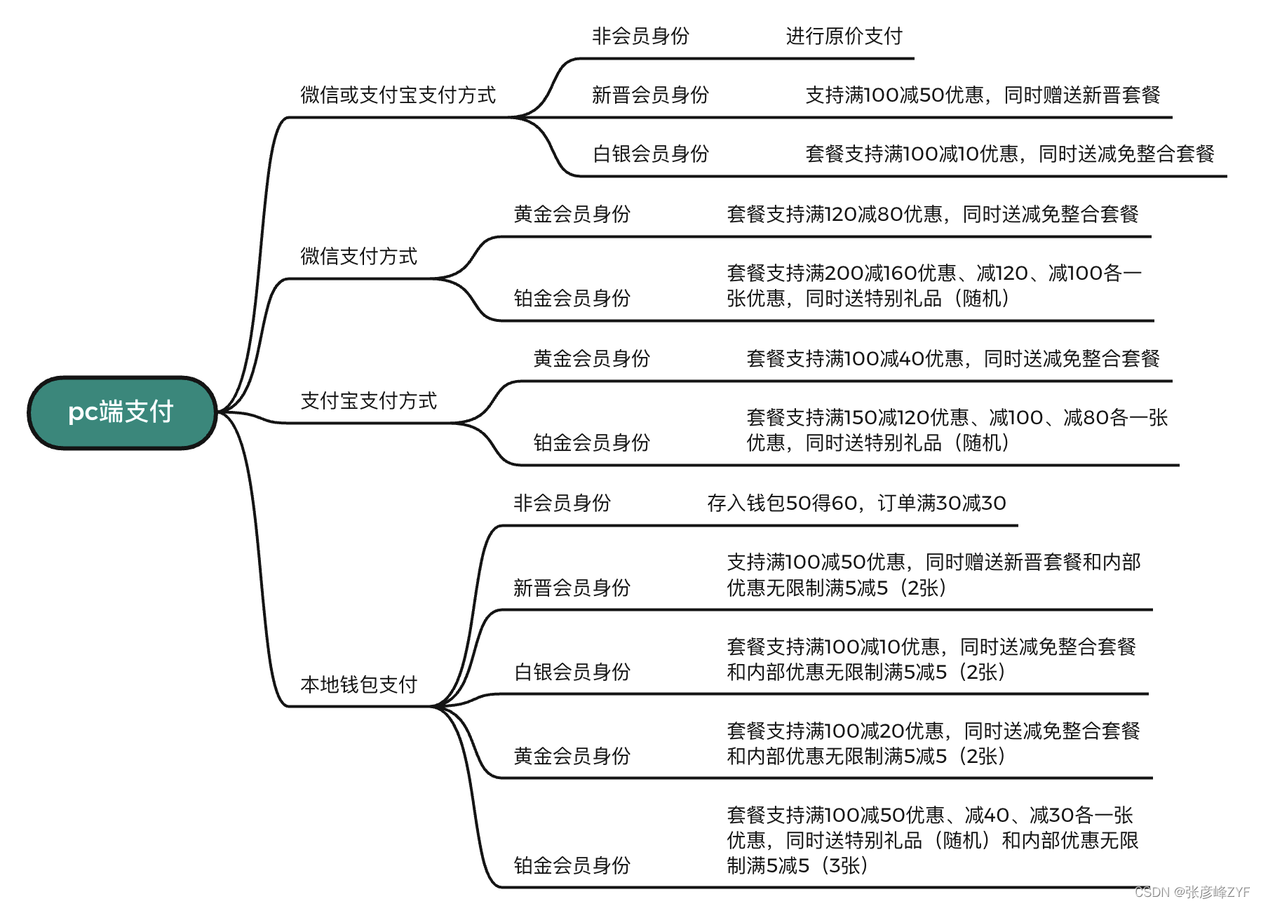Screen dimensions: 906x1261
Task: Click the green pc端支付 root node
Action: pos(121,412)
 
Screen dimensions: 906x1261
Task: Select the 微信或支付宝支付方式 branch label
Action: pos(398,95)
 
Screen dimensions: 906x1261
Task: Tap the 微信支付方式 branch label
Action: pos(358,256)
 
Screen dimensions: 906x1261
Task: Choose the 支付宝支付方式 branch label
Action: pos(368,400)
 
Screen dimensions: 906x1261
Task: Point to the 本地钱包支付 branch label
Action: pos(358,684)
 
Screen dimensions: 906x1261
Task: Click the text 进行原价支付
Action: pos(844,36)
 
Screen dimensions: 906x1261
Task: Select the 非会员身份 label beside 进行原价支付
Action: pos(640,36)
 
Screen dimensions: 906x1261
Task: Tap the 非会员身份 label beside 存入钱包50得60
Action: pos(562,503)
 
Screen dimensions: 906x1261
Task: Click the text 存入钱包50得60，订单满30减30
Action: pos(856,503)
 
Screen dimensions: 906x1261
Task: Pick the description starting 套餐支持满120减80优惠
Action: pos(932,214)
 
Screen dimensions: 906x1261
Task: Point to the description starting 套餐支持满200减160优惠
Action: pos(933,285)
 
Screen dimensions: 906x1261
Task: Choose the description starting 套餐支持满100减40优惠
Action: pos(952,358)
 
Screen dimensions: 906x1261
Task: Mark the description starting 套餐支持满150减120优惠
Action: pos(957,430)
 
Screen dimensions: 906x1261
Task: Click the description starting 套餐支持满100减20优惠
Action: pos(933,743)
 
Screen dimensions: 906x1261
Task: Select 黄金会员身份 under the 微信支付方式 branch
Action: pos(572,214)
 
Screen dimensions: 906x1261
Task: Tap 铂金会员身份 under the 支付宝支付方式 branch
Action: pos(591,442)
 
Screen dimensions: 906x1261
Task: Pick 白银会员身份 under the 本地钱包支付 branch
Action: pos(572,672)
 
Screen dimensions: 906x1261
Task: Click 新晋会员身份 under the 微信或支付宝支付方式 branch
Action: pos(650,95)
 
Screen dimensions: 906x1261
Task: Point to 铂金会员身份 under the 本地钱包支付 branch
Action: pos(572,865)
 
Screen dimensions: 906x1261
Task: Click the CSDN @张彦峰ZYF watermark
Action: pos(1192,892)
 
